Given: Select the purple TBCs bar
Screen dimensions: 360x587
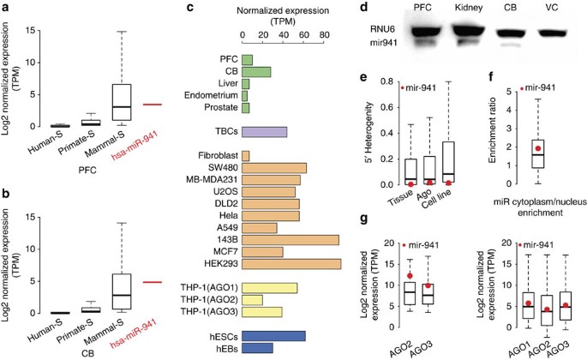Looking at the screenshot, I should coord(265,132).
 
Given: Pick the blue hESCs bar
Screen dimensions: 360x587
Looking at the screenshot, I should coord(274,335).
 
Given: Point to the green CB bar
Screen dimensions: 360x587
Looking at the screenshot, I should coord(257,71).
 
